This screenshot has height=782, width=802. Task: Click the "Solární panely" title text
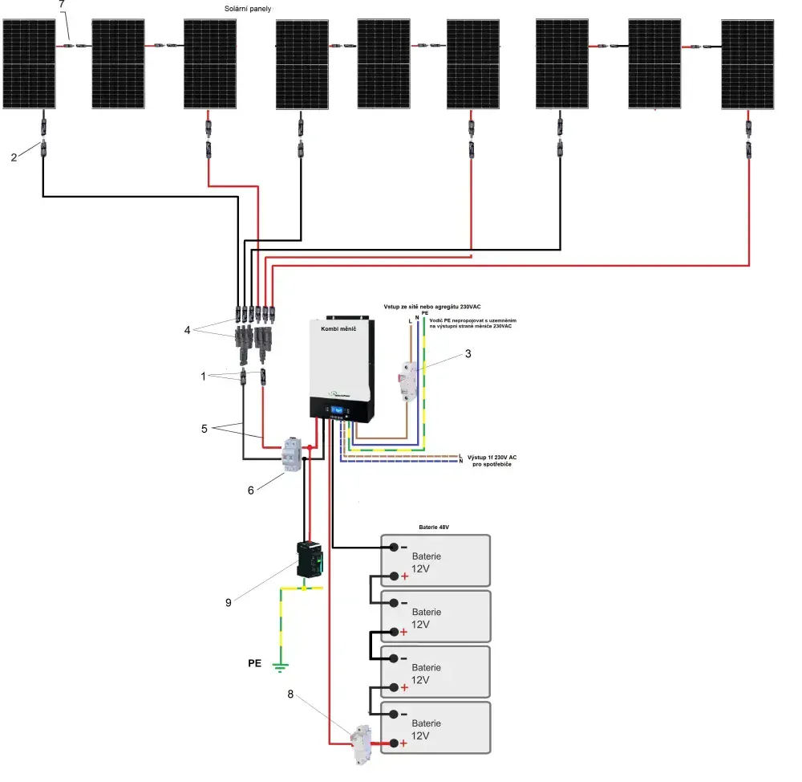pos(249,8)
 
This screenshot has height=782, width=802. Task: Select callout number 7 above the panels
pos(63,5)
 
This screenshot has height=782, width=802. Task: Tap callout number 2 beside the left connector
pos(14,157)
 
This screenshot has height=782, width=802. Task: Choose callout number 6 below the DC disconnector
pos(250,491)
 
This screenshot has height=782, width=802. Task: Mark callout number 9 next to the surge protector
pos(228,601)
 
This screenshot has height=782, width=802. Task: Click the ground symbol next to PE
pos(279,666)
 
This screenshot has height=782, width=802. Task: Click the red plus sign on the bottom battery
pos(403,743)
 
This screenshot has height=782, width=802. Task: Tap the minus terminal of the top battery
pos(395,548)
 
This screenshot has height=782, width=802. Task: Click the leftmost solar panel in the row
pos(30,64)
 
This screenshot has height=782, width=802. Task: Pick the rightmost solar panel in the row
pos(747,64)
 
